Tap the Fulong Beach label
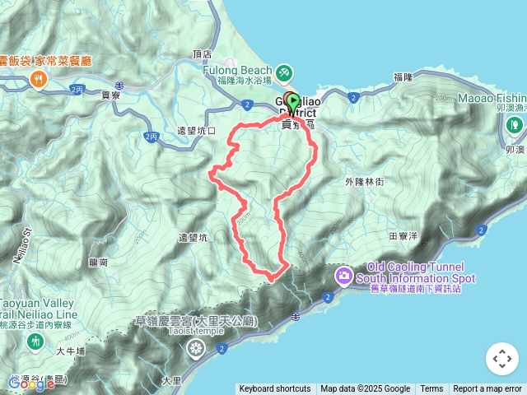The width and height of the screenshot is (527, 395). point(237,71)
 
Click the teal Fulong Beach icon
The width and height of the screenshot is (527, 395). point(284,72)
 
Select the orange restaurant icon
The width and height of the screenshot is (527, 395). point(37,78)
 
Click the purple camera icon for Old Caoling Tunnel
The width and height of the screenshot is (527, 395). point(344,273)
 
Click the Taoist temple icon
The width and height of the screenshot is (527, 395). point(195,346)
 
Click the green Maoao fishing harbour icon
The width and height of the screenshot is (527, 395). point(515,123)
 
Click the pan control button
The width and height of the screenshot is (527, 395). point(501,359)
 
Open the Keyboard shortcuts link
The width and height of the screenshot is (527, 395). point(275,389)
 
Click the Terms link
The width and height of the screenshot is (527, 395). point(431,389)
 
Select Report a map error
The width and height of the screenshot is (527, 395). point(487,389)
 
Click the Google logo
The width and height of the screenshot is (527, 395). point(30,383)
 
